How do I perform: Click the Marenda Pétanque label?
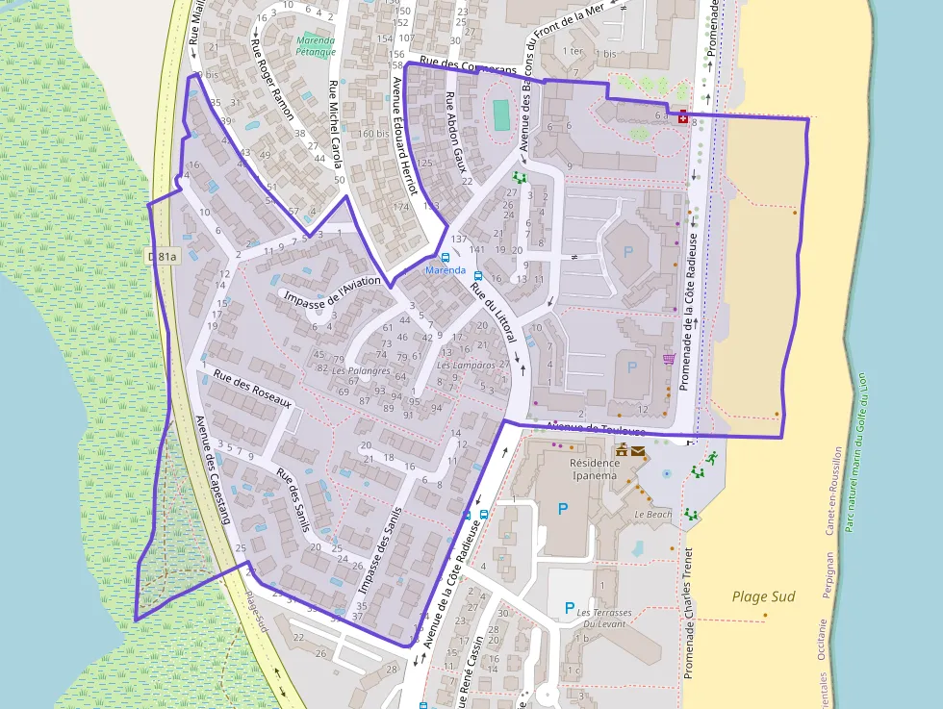tap(316, 46)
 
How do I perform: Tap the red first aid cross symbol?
tap(683, 116)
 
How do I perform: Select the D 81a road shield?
tap(164, 256)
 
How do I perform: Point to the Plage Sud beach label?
tap(763, 596)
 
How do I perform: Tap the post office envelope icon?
tap(638, 450)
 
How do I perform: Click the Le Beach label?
tap(652, 515)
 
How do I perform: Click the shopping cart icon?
tap(668, 360)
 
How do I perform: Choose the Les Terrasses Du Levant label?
tap(603, 618)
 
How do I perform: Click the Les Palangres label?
tap(361, 370)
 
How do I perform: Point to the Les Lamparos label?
tap(466, 366)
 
